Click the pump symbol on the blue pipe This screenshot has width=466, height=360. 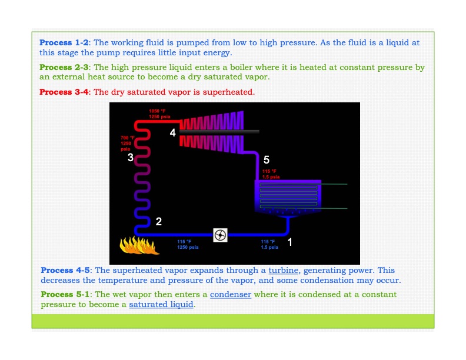220,235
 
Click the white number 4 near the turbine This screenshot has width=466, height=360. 172,133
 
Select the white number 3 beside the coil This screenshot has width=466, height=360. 131,156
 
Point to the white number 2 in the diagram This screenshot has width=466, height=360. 158,222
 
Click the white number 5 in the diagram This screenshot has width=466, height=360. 267,160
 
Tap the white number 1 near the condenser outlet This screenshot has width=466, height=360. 289,242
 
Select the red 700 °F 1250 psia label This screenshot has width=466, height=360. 127,144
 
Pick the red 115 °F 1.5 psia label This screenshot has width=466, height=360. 271,174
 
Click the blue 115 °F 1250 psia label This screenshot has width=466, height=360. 188,245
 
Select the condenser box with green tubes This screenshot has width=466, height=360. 287,195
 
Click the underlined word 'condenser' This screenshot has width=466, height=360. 229,294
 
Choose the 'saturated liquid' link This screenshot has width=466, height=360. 161,305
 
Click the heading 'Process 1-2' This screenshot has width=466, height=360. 64,42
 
